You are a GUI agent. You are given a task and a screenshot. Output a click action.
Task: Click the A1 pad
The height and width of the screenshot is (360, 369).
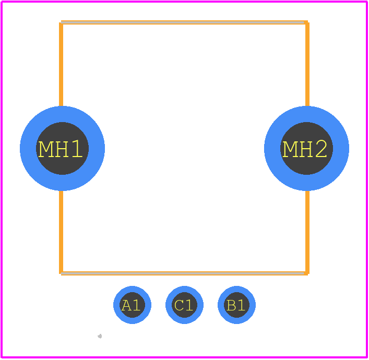(132, 305)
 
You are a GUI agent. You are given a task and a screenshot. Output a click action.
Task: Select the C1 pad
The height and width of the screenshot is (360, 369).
(185, 305)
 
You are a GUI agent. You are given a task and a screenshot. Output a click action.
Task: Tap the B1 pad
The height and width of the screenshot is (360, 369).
(237, 305)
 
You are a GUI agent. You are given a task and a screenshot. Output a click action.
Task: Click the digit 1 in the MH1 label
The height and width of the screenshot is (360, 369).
(77, 149)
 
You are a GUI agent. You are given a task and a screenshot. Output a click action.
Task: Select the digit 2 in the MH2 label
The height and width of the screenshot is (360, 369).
(321, 149)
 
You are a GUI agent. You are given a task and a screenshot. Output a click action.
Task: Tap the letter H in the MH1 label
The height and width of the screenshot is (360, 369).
(62, 149)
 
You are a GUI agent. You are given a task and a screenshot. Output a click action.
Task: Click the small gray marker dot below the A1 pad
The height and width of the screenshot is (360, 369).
(100, 336)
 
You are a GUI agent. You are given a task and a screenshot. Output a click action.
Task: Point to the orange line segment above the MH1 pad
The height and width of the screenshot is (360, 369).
(61, 64)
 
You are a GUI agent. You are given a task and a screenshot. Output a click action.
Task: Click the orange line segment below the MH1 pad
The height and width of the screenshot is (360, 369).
(61, 232)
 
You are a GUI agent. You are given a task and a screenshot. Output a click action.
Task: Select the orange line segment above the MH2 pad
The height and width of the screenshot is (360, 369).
(307, 64)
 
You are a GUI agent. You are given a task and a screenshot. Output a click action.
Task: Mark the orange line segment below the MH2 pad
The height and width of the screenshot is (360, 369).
(307, 232)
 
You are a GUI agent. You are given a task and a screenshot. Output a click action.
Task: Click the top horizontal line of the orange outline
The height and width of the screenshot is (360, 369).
(184, 22)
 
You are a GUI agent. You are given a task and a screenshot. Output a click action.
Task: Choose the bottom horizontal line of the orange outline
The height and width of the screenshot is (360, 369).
(184, 273)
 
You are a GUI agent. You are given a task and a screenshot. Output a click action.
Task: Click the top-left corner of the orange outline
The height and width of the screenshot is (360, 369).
(61, 22)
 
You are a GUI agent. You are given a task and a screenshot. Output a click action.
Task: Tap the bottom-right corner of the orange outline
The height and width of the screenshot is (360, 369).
(307, 273)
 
